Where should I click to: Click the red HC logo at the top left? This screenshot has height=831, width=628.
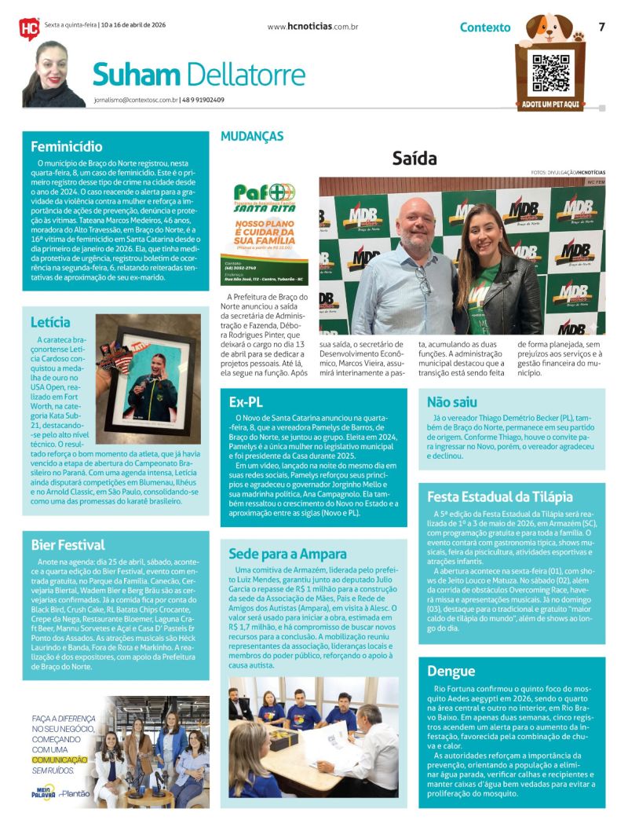coord(30,28)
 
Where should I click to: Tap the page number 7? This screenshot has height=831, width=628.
coord(601,27)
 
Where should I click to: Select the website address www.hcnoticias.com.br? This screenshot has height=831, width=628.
coord(312,27)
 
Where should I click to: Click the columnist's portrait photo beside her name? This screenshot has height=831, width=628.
coord(53,75)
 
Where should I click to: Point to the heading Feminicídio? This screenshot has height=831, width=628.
coord(67,146)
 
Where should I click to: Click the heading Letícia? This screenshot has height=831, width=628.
coord(51,322)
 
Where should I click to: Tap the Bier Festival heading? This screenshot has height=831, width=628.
coord(68,544)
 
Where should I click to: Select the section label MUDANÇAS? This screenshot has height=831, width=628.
coord(252,137)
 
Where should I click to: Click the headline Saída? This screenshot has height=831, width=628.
coord(414,159)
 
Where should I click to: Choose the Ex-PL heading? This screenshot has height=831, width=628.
coord(246,401)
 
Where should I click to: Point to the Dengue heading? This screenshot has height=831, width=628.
coord(451,671)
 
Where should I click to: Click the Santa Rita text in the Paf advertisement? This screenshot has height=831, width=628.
coord(265,210)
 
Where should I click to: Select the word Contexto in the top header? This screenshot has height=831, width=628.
coord(485,27)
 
